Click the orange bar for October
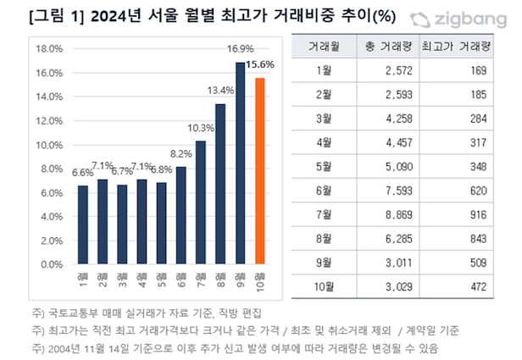pos(261,171)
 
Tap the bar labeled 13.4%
pos(220,184)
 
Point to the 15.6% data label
pos(259,64)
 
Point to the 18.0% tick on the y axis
pos(49,48)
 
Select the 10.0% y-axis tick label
pos(49,144)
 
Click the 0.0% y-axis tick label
pos(52,263)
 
